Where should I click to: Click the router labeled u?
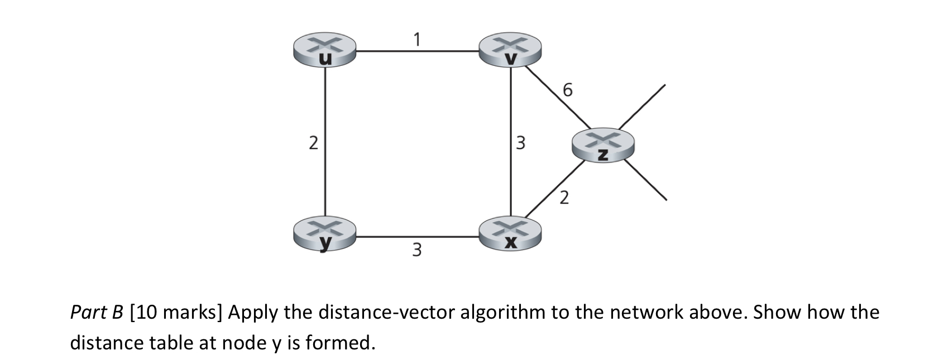pos(324,50)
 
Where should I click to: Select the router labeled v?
pos(510,50)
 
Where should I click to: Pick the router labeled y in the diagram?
pos(324,234)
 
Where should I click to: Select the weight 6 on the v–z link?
pos(568,89)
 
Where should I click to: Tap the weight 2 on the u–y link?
pos(313,143)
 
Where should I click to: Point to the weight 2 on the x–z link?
pos(564,198)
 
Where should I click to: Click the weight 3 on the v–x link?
pos(520,143)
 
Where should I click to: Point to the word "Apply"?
pos(252,312)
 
